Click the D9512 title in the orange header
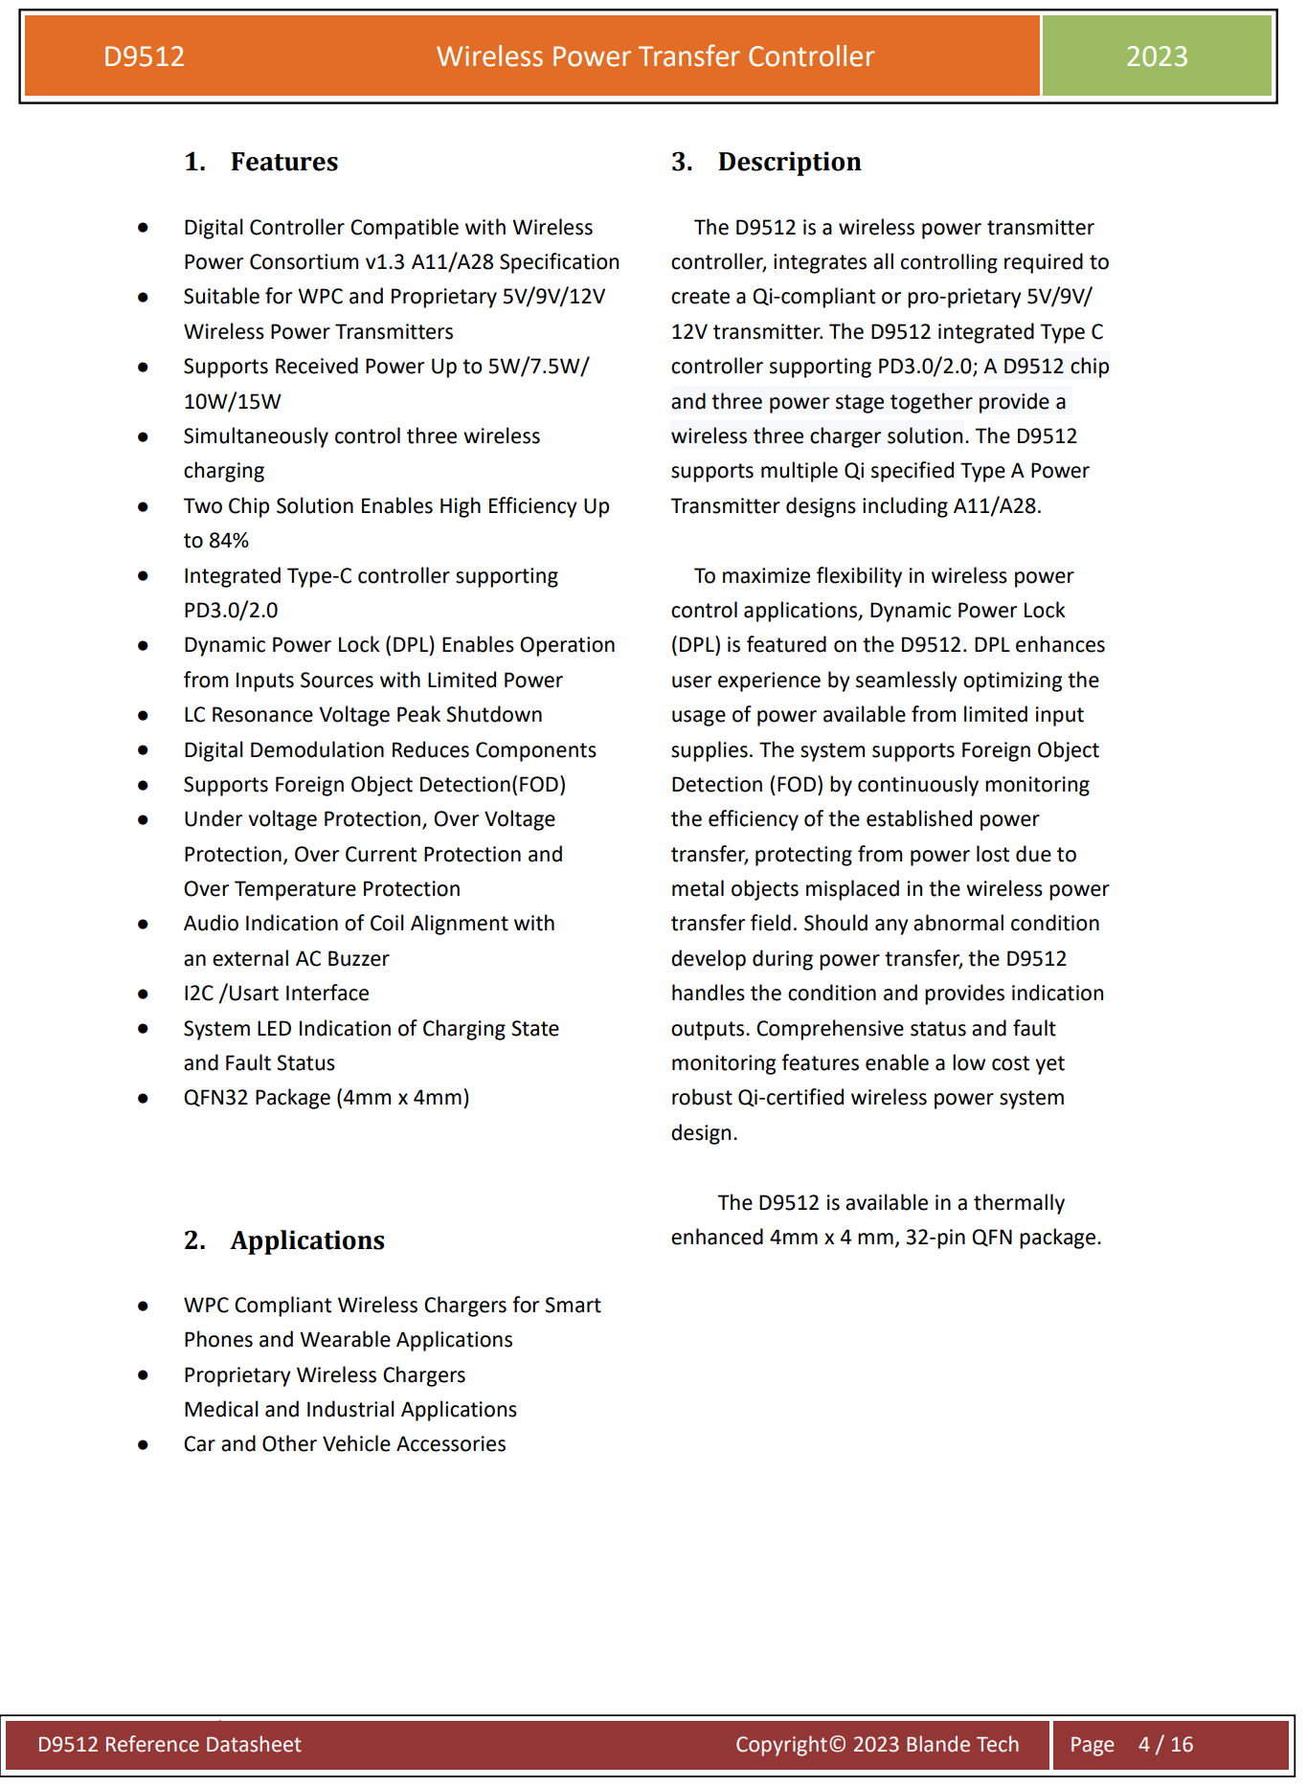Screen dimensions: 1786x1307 144,56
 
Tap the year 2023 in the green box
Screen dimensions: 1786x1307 1157,56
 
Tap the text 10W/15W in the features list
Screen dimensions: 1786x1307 233,402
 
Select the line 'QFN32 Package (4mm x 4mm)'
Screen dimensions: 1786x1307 326,1098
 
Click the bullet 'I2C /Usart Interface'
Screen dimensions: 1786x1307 276,993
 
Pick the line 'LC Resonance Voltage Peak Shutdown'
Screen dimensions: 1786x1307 363,715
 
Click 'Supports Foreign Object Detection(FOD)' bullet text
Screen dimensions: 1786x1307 374,785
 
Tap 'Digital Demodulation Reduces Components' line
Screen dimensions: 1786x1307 390,750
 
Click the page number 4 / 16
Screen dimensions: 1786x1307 1165,1744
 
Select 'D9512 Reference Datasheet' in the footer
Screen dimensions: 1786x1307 169,1744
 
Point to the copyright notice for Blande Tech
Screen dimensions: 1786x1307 877,1744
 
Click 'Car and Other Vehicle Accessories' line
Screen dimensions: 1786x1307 345,1444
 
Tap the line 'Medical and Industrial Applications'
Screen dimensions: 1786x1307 349,1410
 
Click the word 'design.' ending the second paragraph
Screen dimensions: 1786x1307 704,1133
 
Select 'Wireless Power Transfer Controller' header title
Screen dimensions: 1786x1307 655,56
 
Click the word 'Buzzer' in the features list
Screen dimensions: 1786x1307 357,959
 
